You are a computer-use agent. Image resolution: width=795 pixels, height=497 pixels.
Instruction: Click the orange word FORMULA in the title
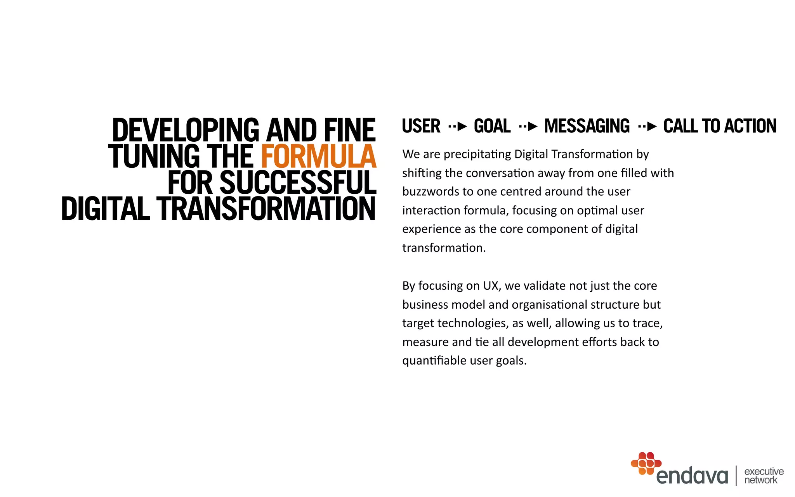pos(318,156)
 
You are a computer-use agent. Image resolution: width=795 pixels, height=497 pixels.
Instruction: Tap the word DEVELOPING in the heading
pos(186,130)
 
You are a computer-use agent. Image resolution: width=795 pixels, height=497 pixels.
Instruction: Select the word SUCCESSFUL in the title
pos(298,182)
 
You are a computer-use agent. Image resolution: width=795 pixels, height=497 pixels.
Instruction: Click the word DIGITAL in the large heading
pos(105,209)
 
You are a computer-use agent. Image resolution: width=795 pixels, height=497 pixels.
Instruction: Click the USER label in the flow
pos(421,126)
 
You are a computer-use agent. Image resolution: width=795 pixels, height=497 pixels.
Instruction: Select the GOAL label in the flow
pos(492,126)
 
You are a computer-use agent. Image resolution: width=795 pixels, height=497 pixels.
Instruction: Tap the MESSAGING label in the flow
pos(587,126)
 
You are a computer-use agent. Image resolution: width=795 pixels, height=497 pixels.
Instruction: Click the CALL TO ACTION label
pos(720,126)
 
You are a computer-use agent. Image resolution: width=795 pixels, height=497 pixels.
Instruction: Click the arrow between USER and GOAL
pos(457,127)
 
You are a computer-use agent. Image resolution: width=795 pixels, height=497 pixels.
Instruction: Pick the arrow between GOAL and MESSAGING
pos(528,127)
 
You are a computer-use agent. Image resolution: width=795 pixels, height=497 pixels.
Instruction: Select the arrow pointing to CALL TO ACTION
pos(647,127)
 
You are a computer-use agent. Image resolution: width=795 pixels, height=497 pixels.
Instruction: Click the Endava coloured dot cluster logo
pos(646,463)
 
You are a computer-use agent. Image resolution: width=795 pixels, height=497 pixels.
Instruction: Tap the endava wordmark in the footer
pos(692,476)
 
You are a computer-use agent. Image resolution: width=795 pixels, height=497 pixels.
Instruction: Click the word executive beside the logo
pos(764,471)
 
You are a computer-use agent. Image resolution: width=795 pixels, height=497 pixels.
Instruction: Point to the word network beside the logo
pos(761,480)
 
